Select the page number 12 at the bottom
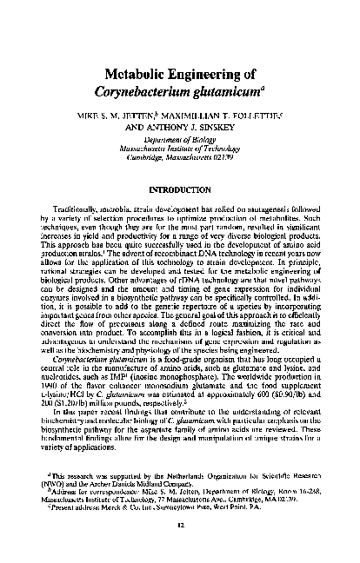(x=180, y=548)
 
